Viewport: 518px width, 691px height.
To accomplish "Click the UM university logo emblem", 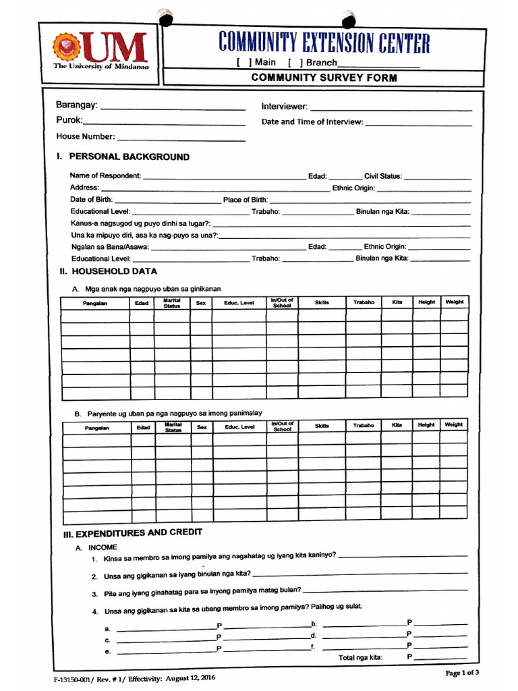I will tap(67, 47).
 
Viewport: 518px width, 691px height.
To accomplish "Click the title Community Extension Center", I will tap(324, 43).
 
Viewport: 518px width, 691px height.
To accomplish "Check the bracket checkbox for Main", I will tap(243, 63).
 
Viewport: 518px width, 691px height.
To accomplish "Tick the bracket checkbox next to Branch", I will tap(295, 63).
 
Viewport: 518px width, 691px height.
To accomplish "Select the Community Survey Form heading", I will tap(324, 78).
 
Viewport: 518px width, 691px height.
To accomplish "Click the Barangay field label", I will tap(76, 106).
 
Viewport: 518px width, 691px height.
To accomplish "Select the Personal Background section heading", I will tap(123, 157).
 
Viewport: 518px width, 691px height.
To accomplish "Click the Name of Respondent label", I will tap(105, 176).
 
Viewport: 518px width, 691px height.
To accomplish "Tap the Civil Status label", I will tap(382, 176).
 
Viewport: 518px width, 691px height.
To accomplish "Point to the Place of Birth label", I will tap(246, 200).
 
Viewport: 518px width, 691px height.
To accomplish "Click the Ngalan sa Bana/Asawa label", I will tap(110, 247).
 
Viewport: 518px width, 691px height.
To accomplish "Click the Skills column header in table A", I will tap(322, 303).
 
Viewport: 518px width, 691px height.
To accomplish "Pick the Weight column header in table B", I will tap(453, 425).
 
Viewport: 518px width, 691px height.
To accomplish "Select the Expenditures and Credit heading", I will tap(132, 533).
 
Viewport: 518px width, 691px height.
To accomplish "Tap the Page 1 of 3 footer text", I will tap(462, 673).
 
